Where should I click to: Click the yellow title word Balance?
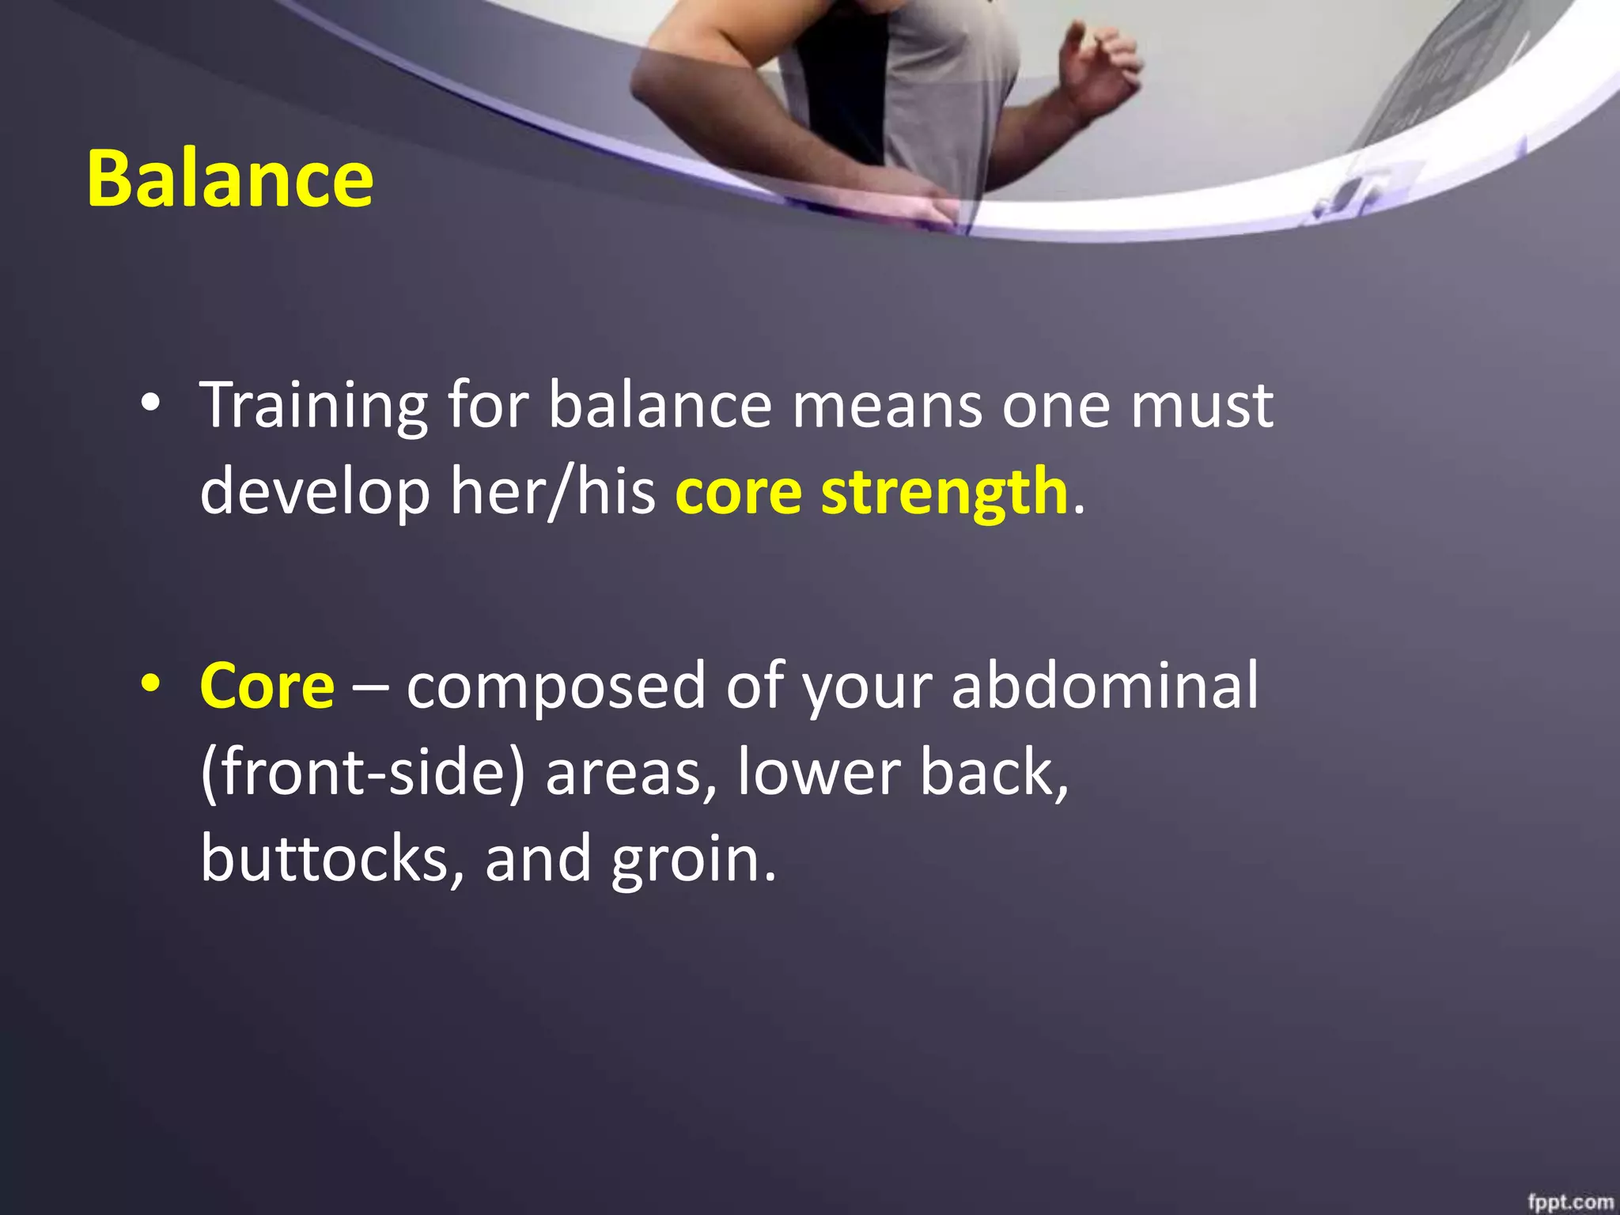pos(229,179)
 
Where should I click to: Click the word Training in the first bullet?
pos(313,406)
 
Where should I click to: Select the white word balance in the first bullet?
pos(660,406)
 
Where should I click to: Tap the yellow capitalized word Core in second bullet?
pos(267,686)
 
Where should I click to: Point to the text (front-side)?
pos(363,773)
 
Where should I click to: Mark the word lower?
pos(818,773)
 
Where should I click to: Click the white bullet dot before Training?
pos(150,404)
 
